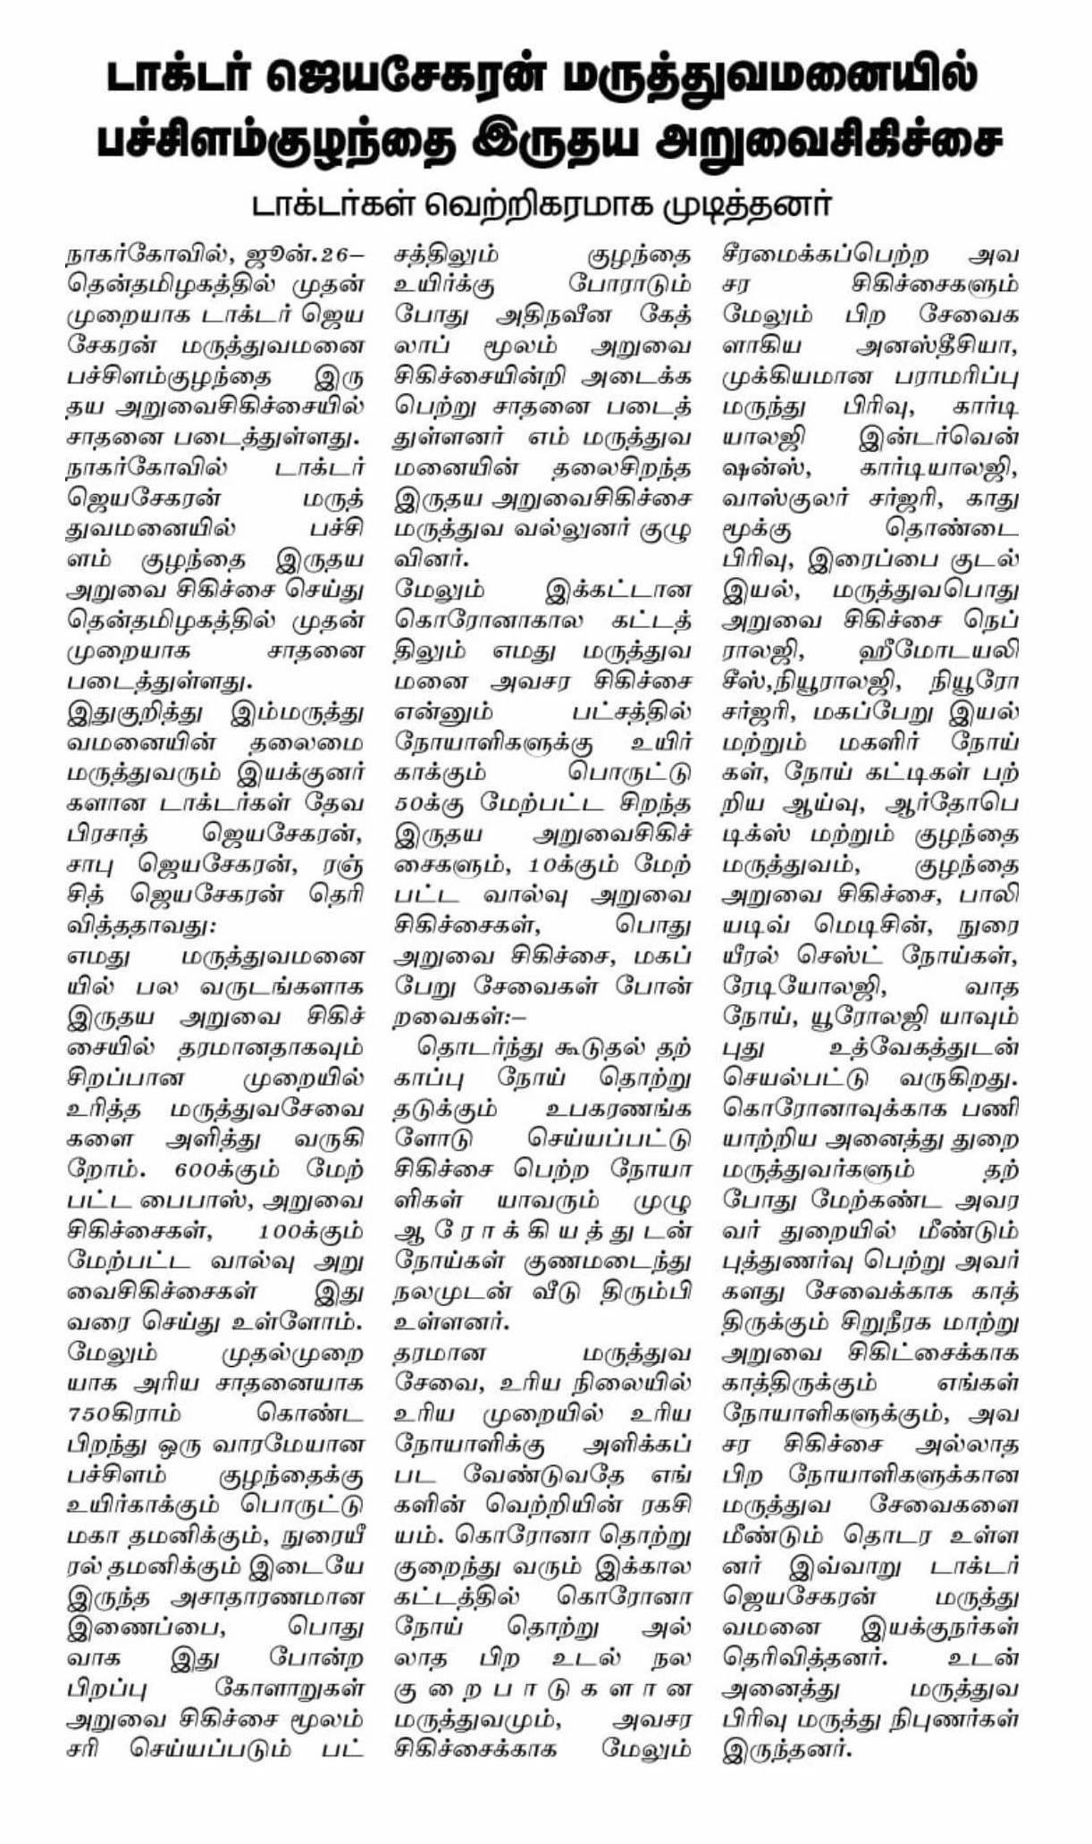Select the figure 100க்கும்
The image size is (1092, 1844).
click(x=308, y=1231)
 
